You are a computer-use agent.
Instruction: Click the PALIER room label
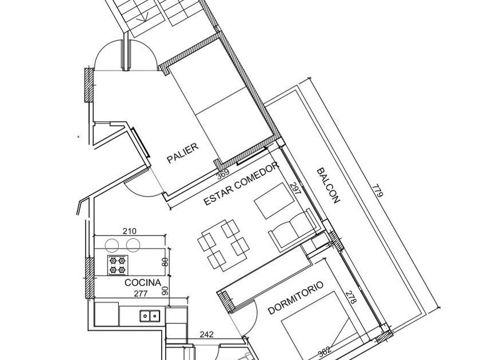click(x=183, y=153)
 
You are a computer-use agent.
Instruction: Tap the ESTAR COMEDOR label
click(x=242, y=183)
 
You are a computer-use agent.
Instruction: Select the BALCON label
click(x=328, y=186)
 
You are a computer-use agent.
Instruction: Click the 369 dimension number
click(x=223, y=175)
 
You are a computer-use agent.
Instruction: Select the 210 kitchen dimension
click(x=130, y=231)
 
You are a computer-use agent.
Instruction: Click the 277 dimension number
click(x=141, y=294)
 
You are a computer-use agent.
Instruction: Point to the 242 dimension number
click(x=207, y=334)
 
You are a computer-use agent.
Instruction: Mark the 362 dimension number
click(x=324, y=351)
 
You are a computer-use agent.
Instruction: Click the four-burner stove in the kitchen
click(x=118, y=265)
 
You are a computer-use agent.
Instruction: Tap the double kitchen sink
click(x=150, y=315)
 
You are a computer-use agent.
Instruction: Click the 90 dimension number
click(x=165, y=290)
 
